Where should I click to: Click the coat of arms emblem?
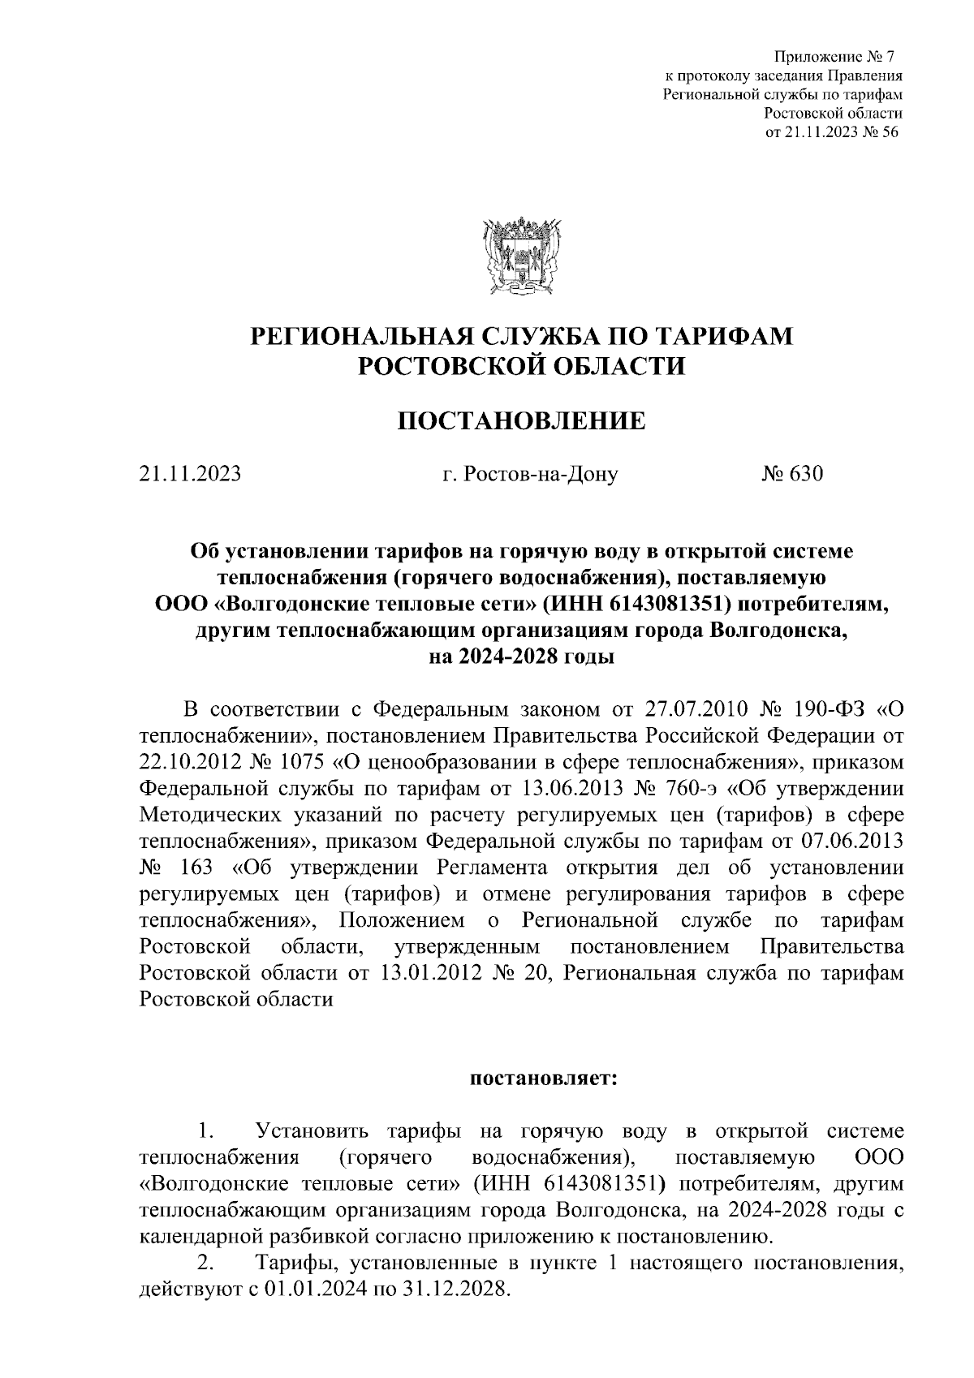click(521, 254)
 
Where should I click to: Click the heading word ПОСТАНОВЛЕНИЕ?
click(521, 420)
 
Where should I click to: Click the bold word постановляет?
click(543, 1079)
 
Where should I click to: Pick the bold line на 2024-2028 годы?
click(521, 656)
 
